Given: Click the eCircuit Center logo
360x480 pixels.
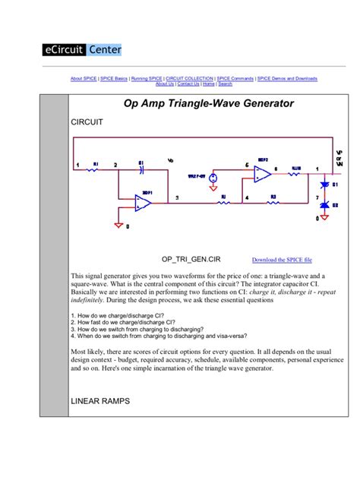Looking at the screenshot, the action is [81, 50].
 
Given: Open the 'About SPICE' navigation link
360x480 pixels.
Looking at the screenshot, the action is [84, 78].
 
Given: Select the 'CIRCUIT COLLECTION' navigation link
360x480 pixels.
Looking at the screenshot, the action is [190, 78].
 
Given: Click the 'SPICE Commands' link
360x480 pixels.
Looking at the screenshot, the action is [236, 78].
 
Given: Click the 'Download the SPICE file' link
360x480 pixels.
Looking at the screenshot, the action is [281, 259].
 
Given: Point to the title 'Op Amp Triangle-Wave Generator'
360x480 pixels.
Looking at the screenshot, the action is [208, 103].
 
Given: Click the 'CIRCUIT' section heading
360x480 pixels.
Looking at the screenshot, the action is [86, 122].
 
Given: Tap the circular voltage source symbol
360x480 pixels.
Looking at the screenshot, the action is [214, 178].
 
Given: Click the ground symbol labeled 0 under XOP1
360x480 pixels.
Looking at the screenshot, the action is [118, 224].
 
